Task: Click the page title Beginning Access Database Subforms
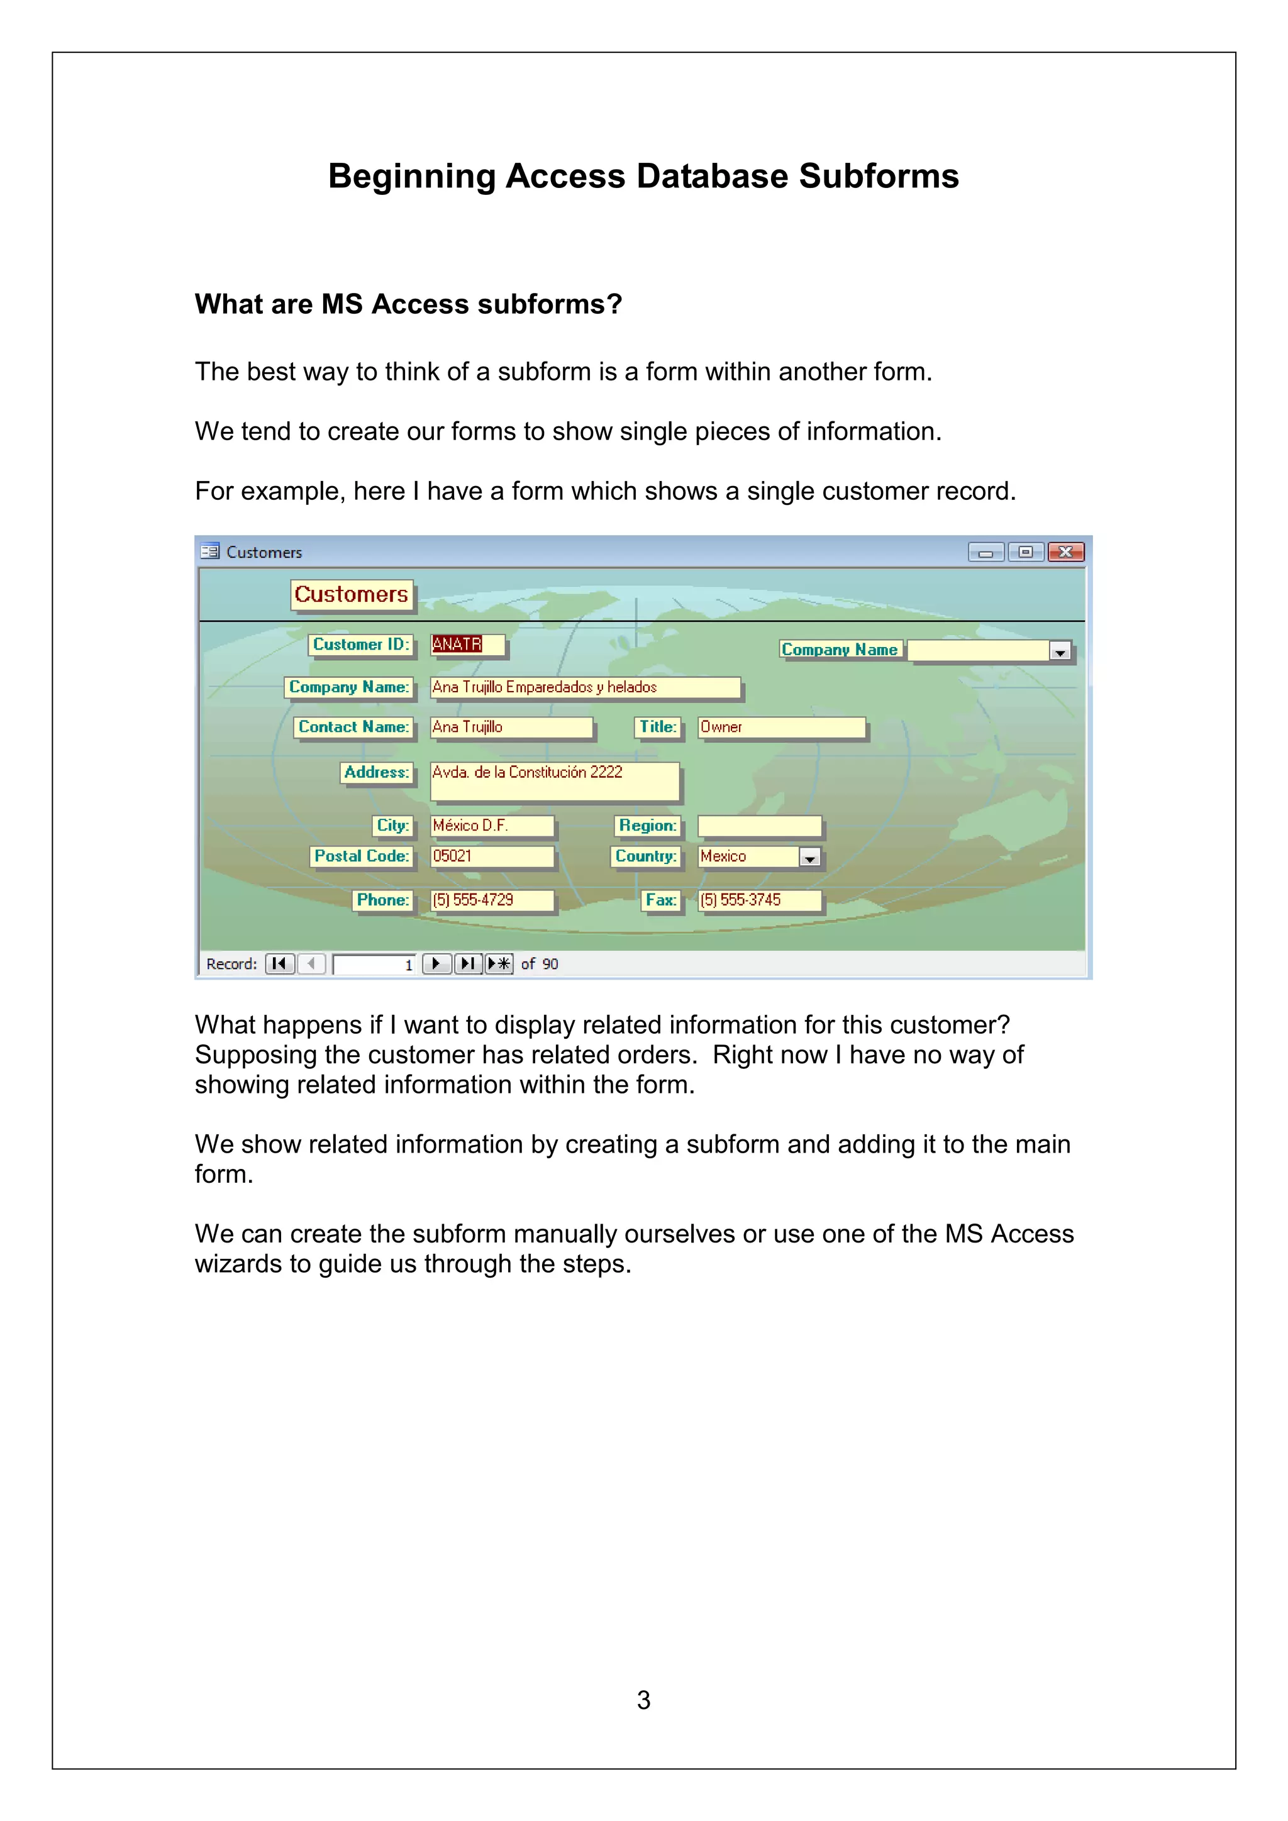643,176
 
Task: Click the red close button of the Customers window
1065,552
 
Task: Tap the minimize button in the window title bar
986,552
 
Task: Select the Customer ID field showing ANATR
467,644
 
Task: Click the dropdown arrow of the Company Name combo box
1060,652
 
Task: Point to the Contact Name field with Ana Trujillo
511,728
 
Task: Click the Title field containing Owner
780,728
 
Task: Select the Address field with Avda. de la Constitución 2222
553,781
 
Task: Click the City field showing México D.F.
491,826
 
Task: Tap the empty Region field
758,826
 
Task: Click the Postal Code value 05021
491,856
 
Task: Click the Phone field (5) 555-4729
491,900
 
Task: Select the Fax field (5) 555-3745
758,900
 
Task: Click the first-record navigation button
279,964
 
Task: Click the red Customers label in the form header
352,594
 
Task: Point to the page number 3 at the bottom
643,1700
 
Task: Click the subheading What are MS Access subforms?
408,304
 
